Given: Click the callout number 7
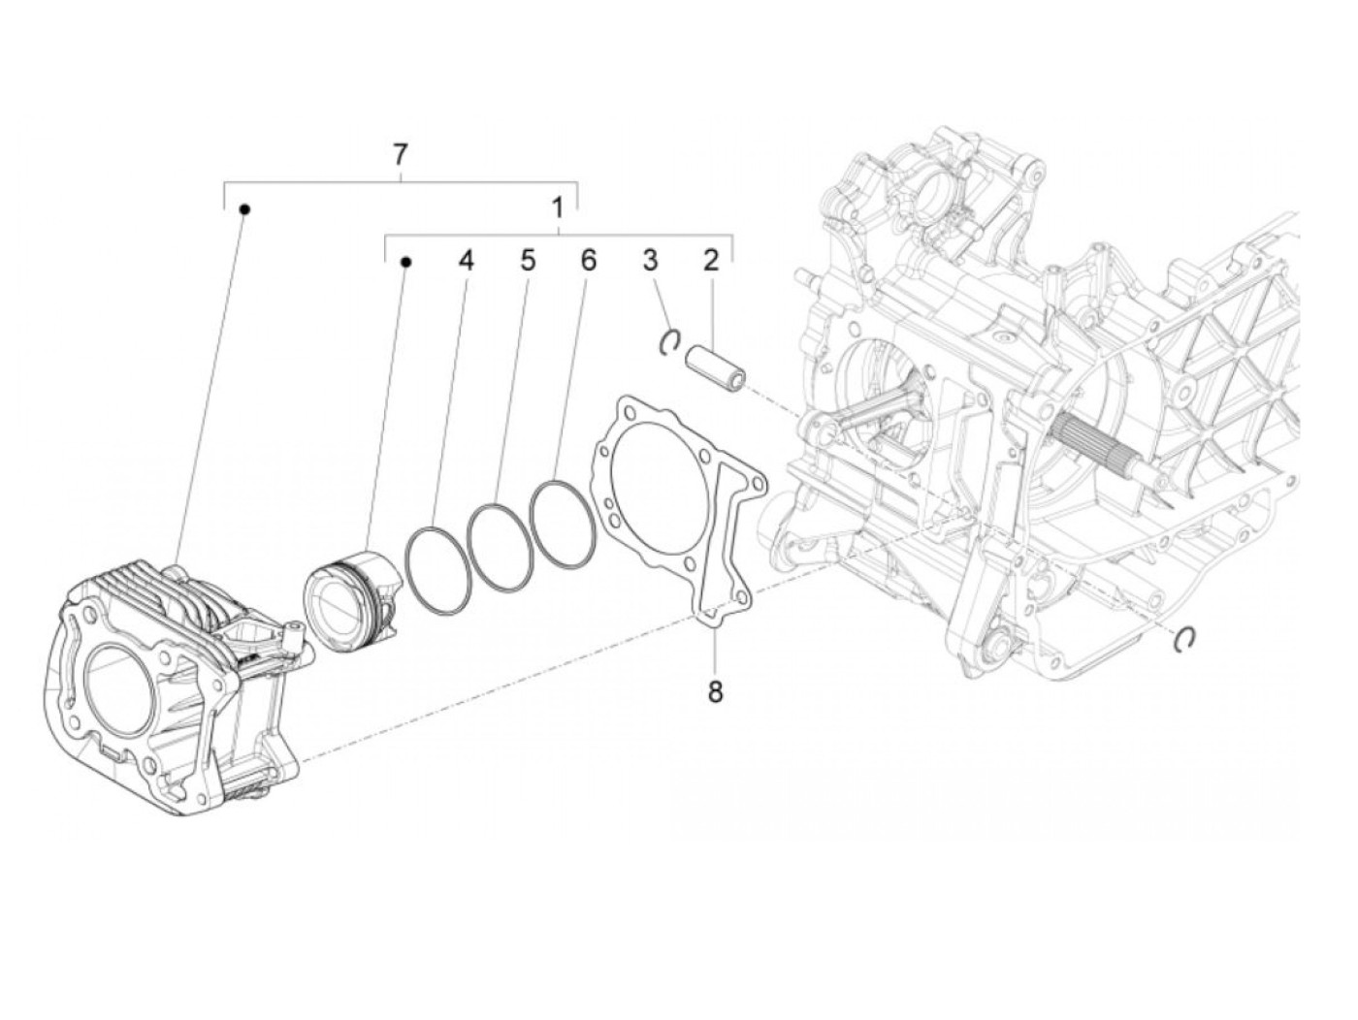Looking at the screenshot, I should click(401, 153).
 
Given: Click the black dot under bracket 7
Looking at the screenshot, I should click(245, 208).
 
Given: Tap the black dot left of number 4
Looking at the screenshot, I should click(406, 261).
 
